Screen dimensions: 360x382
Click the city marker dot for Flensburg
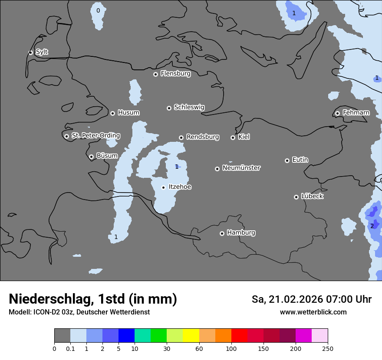(x=155, y=74)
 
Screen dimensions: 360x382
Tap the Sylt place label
(x=42, y=52)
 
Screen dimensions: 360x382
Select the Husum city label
(x=128, y=113)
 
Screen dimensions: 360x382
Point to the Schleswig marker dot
(x=169, y=108)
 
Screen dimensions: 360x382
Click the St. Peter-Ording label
(x=95, y=136)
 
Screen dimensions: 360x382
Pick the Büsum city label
(x=107, y=156)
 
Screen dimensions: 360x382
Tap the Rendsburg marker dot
(x=181, y=137)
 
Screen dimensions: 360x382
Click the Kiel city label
(x=244, y=137)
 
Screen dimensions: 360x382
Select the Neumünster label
(x=241, y=168)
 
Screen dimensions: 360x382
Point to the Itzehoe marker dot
(x=163, y=187)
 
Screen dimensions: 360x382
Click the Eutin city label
(x=300, y=160)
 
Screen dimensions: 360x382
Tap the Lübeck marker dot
(x=296, y=197)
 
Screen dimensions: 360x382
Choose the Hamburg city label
(x=241, y=233)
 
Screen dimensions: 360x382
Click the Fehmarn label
(x=356, y=113)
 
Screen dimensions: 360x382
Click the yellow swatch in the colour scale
(x=191, y=336)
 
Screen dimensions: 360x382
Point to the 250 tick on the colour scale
(x=328, y=348)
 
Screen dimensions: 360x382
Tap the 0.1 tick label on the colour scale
(x=70, y=348)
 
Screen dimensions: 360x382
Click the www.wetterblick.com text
(x=313, y=312)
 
